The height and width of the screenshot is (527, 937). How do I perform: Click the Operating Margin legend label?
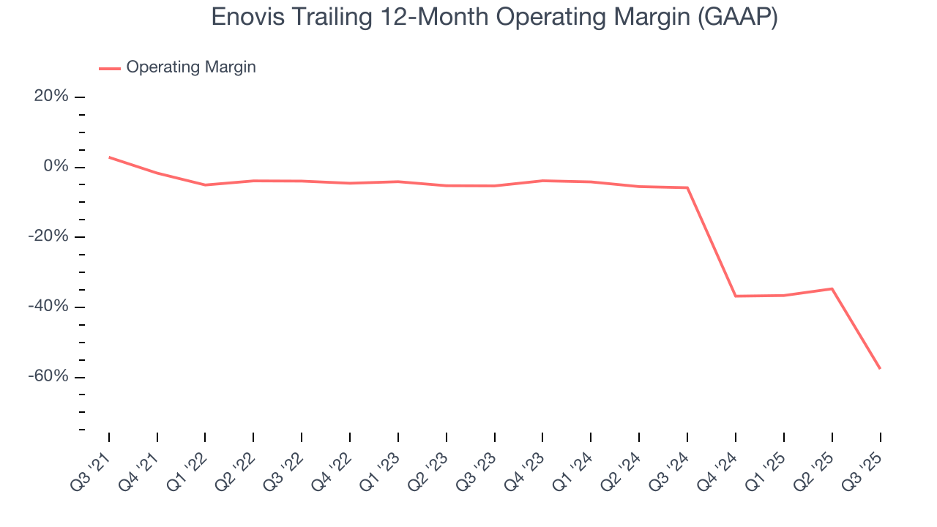click(x=191, y=67)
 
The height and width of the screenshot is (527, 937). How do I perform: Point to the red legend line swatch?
click(x=110, y=68)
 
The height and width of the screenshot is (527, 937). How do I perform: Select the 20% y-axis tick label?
click(x=51, y=97)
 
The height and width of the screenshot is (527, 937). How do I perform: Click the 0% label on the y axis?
click(x=56, y=167)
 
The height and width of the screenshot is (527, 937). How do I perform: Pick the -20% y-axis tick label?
click(x=48, y=236)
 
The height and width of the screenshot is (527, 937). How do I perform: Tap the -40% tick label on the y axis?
click(x=48, y=307)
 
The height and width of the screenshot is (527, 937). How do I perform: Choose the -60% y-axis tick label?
click(x=48, y=376)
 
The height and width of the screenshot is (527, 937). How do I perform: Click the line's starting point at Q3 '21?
click(x=109, y=157)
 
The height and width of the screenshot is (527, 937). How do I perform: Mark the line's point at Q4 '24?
click(x=735, y=296)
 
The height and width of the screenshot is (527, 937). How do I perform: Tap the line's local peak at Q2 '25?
click(x=832, y=288)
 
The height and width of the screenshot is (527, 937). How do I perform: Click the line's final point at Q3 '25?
click(x=880, y=368)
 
